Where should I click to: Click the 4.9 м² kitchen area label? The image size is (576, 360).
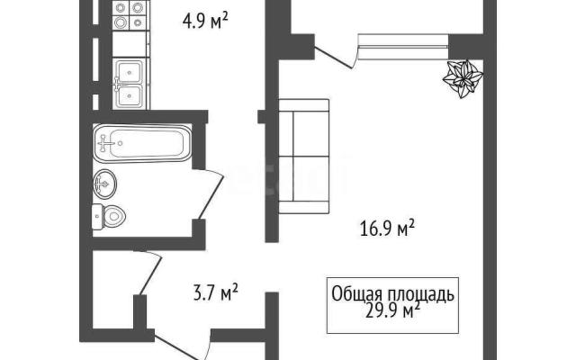205,20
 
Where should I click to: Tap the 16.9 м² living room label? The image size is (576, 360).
387,229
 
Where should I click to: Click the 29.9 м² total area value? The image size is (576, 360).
392,311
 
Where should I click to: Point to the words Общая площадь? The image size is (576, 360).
392,294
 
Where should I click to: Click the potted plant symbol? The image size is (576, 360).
463,78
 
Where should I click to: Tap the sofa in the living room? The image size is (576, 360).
304,156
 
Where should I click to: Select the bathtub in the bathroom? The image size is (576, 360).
142,143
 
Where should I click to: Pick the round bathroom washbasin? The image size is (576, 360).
105,184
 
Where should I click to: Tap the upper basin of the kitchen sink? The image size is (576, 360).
130,72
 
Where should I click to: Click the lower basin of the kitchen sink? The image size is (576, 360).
130,96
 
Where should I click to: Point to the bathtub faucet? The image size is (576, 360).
105,142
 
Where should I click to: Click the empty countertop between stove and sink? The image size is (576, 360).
130,44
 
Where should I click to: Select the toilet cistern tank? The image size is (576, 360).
96,217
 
